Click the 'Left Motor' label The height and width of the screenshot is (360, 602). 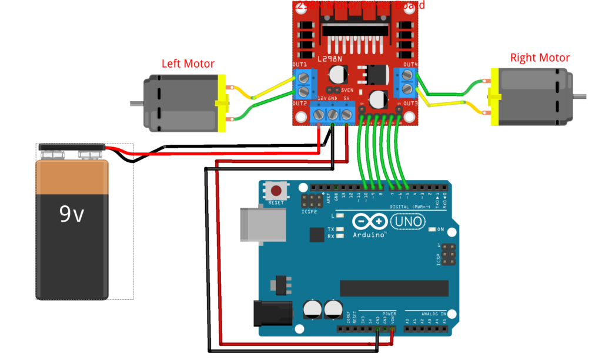(188, 64)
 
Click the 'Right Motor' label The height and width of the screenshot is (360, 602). (540, 58)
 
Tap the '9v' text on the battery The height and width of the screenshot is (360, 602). (72, 215)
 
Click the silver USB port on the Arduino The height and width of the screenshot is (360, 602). (259, 225)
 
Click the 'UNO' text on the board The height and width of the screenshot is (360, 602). (406, 221)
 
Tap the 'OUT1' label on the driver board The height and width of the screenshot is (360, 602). (300, 65)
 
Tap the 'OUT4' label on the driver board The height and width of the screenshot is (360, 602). (410, 65)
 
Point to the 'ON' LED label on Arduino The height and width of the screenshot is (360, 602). (440, 229)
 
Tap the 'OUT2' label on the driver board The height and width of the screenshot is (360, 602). (300, 104)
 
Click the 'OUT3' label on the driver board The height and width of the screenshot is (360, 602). (410, 104)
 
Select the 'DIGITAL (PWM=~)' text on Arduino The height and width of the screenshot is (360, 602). (410, 207)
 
